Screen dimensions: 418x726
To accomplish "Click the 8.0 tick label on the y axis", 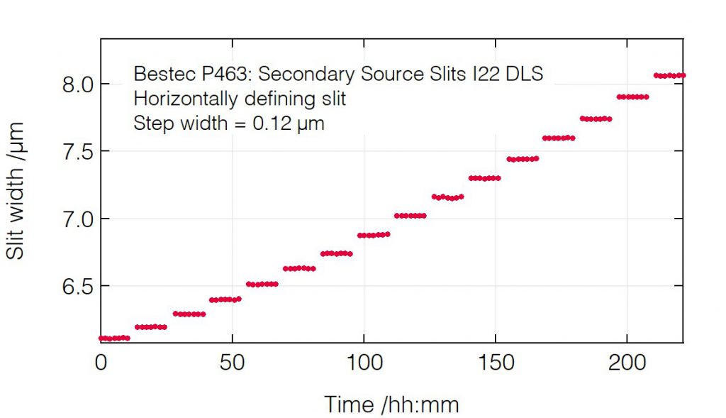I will click(77, 84).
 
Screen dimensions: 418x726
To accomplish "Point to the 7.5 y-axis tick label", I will click(77, 151).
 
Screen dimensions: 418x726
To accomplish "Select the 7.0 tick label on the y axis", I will click(77, 219).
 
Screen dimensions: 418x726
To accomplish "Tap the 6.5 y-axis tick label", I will click(77, 286).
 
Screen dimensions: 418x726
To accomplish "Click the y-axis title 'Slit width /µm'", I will click(16, 190).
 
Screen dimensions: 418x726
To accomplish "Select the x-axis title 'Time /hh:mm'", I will click(391, 405).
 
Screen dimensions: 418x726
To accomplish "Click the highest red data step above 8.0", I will click(669, 75).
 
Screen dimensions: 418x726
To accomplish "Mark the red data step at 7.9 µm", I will click(632, 97).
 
